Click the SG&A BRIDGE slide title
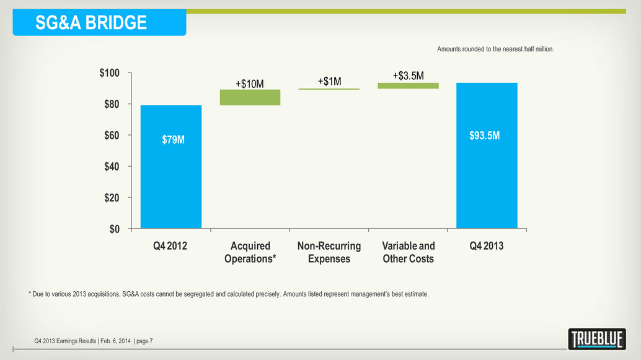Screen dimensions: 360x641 (91, 23)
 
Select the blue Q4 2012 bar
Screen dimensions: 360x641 (171, 167)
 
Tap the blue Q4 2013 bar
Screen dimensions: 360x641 (487, 156)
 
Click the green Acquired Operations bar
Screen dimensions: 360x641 (250, 97)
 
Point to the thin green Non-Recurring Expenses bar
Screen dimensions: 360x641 (329, 89)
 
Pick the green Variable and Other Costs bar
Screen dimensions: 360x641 (408, 86)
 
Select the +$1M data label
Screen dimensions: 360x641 (329, 81)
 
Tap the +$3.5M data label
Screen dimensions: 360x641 (408, 76)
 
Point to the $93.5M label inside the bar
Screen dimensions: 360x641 (487, 135)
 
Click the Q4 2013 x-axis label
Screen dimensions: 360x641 (487, 246)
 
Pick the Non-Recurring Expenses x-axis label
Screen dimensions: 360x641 (329, 252)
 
